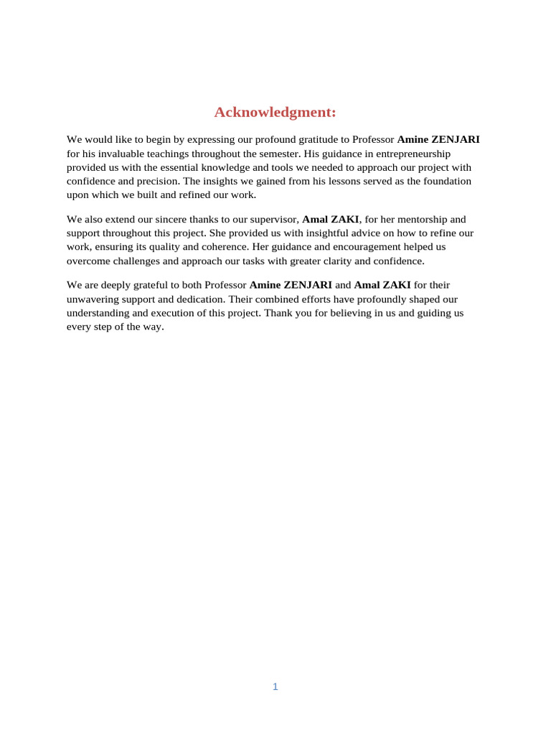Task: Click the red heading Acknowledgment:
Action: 275,113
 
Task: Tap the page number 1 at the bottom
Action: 275,687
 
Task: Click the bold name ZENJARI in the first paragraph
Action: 456,140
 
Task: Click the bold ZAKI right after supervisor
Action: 345,220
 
